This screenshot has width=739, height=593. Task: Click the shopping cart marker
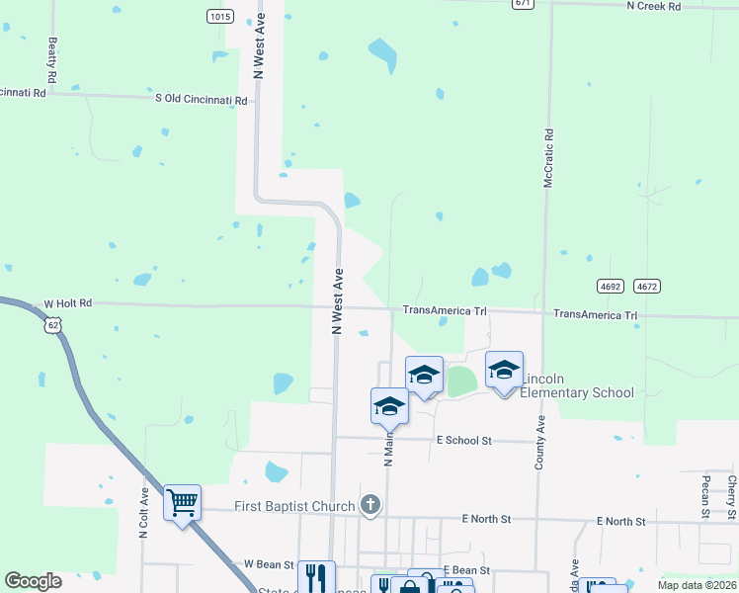[x=183, y=503]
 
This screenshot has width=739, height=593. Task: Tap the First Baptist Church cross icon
[x=370, y=507]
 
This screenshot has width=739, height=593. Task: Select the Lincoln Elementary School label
[x=577, y=386]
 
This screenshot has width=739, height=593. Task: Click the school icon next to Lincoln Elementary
[x=504, y=370]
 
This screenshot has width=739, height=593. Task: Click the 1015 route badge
[x=219, y=17]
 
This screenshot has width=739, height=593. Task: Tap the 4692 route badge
[x=611, y=287]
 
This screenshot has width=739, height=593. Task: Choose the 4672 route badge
[x=647, y=287]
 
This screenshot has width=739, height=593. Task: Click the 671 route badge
[x=524, y=4]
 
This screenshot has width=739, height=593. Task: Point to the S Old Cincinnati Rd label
[x=204, y=98]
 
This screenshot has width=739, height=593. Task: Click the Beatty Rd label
[x=51, y=60]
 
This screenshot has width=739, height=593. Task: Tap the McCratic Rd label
[x=549, y=158]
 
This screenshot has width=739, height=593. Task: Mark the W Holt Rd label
[x=67, y=303]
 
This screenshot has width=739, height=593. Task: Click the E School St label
[x=463, y=440]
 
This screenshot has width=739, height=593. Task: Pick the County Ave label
[x=540, y=443]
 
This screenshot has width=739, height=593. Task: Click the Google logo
[x=34, y=581]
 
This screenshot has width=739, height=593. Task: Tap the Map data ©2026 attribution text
[x=697, y=585]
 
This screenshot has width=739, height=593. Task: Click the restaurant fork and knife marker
[x=316, y=576]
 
